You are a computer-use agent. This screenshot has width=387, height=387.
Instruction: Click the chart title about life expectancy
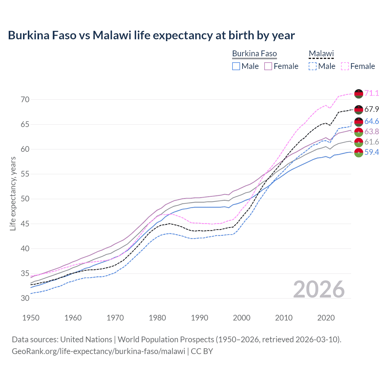click(151, 35)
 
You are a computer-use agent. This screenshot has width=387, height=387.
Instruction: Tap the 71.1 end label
click(372, 93)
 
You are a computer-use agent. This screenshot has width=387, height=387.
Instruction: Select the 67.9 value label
click(372, 109)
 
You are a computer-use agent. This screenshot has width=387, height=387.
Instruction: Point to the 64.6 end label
click(372, 122)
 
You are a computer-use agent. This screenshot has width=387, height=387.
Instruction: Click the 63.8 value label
click(372, 132)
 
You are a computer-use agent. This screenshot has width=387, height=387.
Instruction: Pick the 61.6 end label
click(372, 142)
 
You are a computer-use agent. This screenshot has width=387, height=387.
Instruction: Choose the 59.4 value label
click(372, 152)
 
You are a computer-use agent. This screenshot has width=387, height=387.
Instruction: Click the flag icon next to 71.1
click(359, 94)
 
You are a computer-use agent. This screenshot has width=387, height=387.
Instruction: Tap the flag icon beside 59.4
click(359, 153)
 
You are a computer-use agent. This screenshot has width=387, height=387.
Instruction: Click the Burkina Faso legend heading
click(254, 54)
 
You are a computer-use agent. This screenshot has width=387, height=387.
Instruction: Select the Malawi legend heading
click(321, 54)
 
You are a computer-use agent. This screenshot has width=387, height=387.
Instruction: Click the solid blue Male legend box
click(236, 66)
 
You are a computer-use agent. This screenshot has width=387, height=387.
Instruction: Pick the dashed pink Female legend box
click(345, 66)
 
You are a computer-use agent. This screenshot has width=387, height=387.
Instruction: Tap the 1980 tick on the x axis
click(157, 318)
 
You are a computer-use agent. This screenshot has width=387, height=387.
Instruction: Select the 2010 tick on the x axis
click(284, 318)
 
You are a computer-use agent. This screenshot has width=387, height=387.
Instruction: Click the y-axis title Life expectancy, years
click(13, 193)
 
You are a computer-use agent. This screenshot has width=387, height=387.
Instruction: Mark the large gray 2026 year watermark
click(319, 289)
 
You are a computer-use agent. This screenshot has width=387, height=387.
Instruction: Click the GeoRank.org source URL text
click(98, 351)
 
